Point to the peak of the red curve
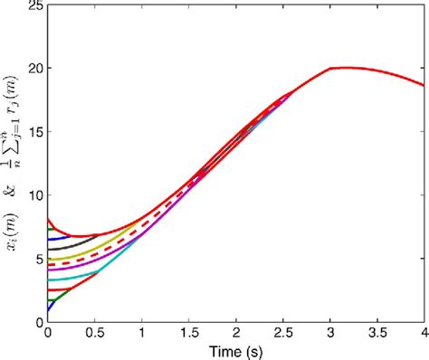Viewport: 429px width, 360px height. pyautogui.click(x=344, y=68)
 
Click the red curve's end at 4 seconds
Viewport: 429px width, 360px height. pyautogui.click(x=423, y=85)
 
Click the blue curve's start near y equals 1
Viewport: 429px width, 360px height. pyautogui.click(x=48, y=308)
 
